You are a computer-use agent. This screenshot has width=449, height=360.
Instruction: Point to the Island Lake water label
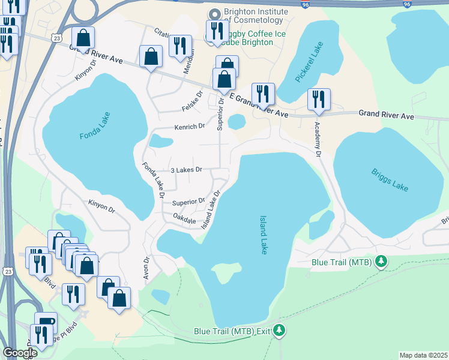click(x=263, y=235)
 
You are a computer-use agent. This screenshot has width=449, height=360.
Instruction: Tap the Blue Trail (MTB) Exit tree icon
click(x=279, y=330)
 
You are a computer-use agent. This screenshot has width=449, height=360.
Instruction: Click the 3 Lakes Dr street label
click(x=188, y=170)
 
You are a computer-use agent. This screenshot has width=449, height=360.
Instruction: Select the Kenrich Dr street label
click(x=190, y=127)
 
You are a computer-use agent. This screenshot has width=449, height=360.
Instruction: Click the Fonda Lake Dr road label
click(x=152, y=180)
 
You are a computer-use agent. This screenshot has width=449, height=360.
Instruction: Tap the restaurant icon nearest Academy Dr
click(x=319, y=99)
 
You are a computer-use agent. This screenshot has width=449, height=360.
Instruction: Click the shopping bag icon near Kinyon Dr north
click(x=83, y=38)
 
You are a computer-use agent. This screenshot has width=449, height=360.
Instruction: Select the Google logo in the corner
click(x=19, y=353)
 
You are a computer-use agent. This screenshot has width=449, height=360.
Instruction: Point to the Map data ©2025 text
click(x=423, y=355)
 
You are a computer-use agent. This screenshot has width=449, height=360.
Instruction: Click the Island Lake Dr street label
click(x=211, y=209)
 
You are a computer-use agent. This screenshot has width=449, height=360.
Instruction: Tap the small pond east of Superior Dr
click(x=237, y=122)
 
